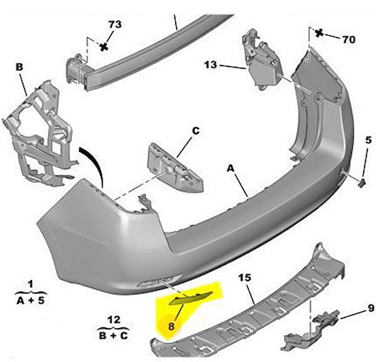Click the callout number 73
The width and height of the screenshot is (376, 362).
(115, 24)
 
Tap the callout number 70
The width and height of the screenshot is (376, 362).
(348, 40)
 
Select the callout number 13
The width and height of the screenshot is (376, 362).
(211, 65)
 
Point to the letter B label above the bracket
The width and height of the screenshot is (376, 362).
(19, 67)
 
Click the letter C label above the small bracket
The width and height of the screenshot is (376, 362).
(196, 131)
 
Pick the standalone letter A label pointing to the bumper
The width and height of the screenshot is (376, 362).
(230, 168)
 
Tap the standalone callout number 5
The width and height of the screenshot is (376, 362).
(368, 140)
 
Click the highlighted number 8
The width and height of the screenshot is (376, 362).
(171, 326)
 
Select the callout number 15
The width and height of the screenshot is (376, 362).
(244, 278)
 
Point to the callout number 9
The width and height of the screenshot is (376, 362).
(371, 308)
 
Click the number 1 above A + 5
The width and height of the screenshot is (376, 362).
(31, 284)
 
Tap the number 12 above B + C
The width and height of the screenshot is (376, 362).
(113, 320)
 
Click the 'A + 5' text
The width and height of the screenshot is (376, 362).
(31, 301)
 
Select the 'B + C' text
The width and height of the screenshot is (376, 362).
(113, 336)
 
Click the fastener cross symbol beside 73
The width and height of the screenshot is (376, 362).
(104, 47)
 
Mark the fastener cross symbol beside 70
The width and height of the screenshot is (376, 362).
(319, 33)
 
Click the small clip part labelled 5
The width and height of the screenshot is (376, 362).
(362, 183)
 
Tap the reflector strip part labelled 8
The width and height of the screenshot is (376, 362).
(191, 298)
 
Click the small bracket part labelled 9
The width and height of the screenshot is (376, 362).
(311, 330)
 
